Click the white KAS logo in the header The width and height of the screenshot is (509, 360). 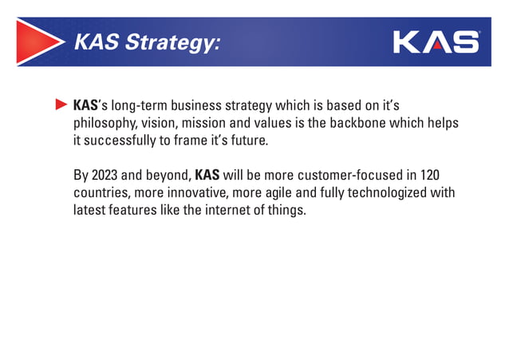pyautogui.click(x=436, y=42)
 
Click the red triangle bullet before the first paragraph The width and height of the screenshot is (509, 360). pyautogui.click(x=61, y=105)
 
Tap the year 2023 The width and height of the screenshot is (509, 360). pyautogui.click(x=106, y=176)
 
